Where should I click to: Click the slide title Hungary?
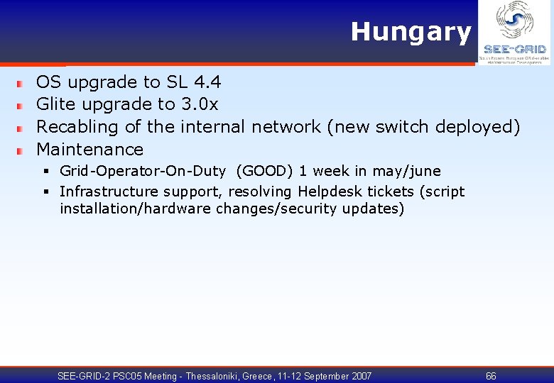411,32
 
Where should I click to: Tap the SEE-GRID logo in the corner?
514,33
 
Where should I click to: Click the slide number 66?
491,376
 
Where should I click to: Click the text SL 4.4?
194,82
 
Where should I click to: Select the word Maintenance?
89,150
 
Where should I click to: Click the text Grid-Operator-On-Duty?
142,171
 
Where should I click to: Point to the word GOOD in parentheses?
264,171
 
